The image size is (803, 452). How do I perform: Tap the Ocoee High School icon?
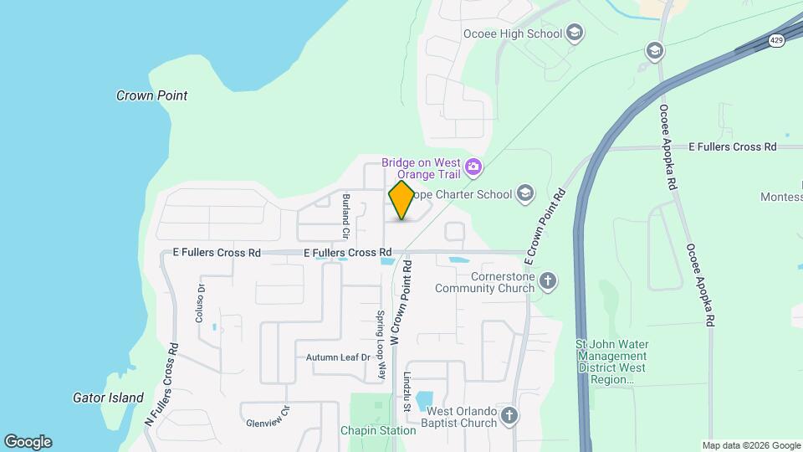click(575, 33)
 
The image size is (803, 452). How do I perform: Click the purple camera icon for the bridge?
click(473, 167)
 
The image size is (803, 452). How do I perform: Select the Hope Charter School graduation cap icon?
click(524, 194)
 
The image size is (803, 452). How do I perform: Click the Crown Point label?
click(151, 95)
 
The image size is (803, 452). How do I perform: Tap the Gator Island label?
click(108, 398)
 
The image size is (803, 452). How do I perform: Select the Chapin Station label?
click(378, 430)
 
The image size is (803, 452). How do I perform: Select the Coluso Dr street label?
click(200, 303)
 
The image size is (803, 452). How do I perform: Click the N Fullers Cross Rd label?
click(161, 384)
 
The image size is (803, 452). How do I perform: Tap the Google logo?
click(28, 441)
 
